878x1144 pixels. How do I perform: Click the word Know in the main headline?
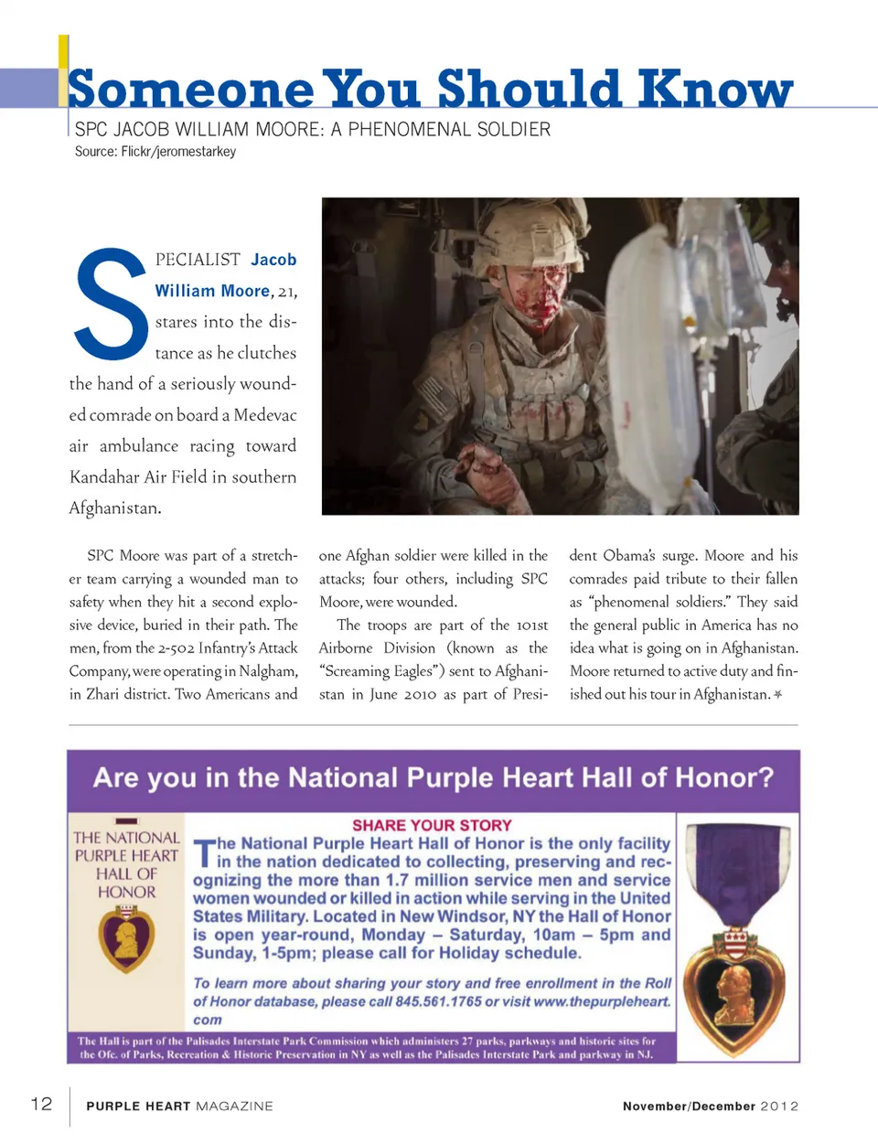point(715,90)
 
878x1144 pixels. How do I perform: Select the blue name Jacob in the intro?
point(273,260)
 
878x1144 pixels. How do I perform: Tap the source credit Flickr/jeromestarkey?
point(178,152)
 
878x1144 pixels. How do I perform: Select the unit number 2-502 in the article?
point(175,648)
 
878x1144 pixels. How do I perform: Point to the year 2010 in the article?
point(419,694)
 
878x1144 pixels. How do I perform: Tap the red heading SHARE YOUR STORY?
point(432,825)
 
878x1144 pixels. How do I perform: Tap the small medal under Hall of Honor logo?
point(126,938)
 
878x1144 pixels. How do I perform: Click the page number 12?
point(42,1104)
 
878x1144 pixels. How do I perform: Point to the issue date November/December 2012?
point(711,1107)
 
